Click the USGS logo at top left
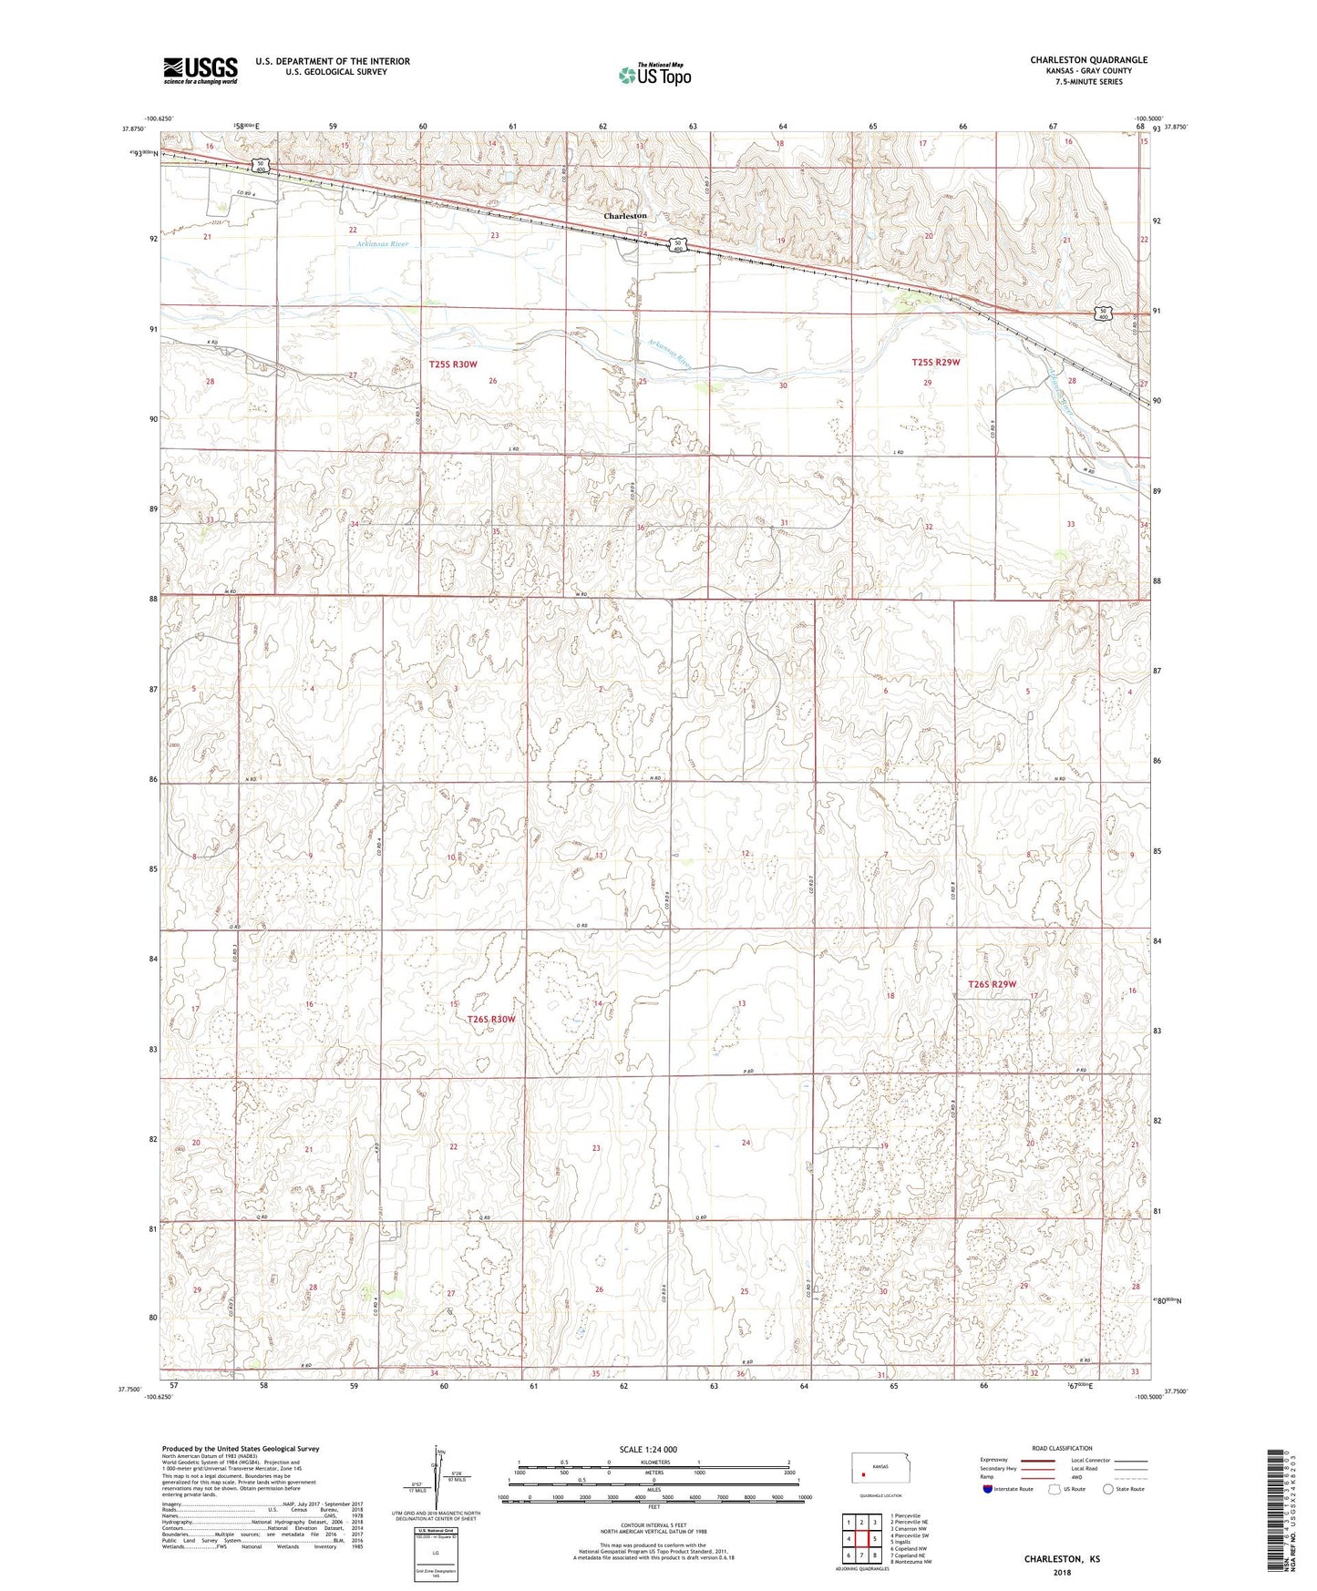(201, 70)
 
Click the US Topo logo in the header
(654, 75)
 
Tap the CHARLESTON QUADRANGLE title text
(1088, 60)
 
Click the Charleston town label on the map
(625, 216)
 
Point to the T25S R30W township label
(453, 364)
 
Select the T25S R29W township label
(935, 363)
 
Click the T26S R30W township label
(491, 1020)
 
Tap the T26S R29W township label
(992, 984)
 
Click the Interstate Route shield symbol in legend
(988, 1489)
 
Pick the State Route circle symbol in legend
(1107, 1489)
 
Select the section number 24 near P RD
(746, 1143)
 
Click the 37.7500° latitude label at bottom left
(129, 1390)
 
